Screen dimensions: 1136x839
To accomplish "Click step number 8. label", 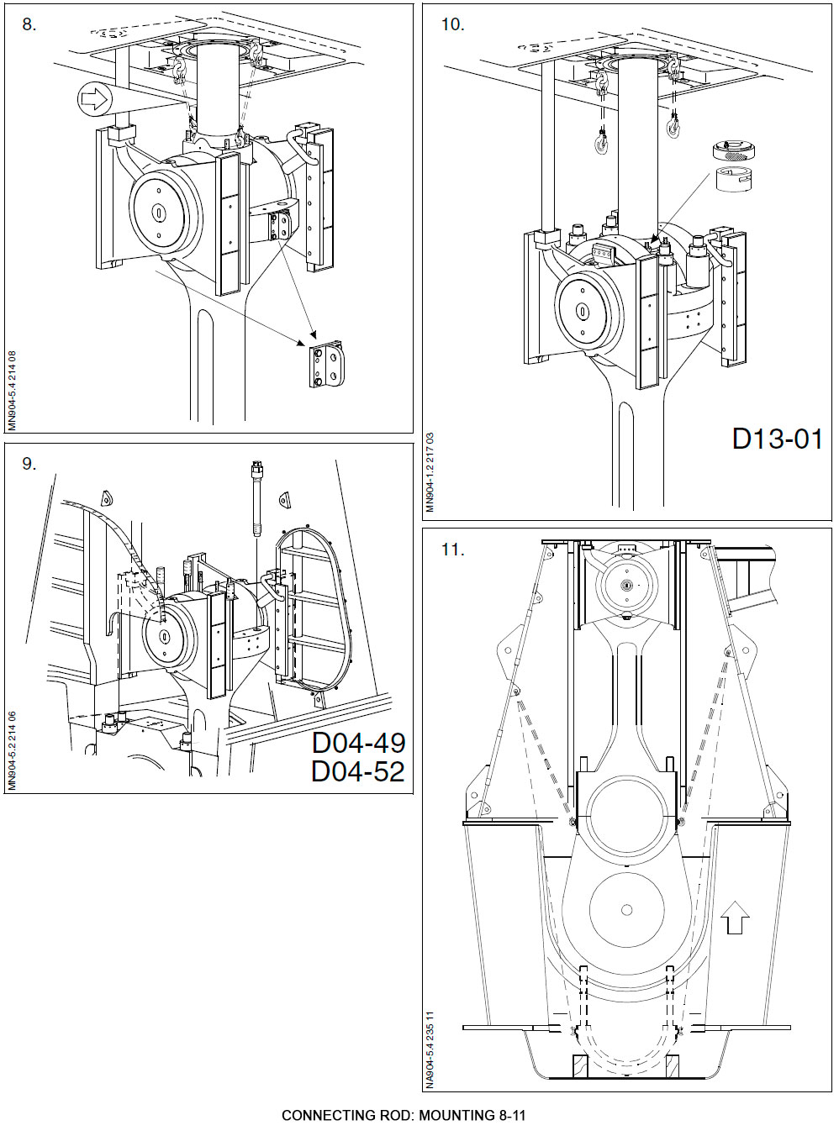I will tap(29, 24).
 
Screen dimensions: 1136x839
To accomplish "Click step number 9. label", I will tap(29, 464).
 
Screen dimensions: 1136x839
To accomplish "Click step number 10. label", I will tap(452, 24).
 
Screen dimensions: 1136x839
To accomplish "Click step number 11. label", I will tap(452, 550).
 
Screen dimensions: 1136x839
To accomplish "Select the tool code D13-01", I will tap(777, 439).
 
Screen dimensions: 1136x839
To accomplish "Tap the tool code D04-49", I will tap(358, 743).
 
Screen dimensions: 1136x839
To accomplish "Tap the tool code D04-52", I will tap(358, 771).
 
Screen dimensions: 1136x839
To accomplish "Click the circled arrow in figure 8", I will tap(94, 100).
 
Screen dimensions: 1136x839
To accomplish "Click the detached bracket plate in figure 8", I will tap(325, 365).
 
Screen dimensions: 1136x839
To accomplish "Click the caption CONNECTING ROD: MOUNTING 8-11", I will tap(404, 1115).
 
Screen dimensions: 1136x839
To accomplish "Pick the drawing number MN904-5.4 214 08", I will tap(12, 391).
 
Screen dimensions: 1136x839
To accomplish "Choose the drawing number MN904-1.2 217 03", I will tap(430, 471).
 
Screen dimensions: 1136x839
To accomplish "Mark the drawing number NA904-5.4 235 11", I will tap(430, 1049).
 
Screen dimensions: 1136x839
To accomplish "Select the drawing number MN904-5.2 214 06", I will tap(12, 750).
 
